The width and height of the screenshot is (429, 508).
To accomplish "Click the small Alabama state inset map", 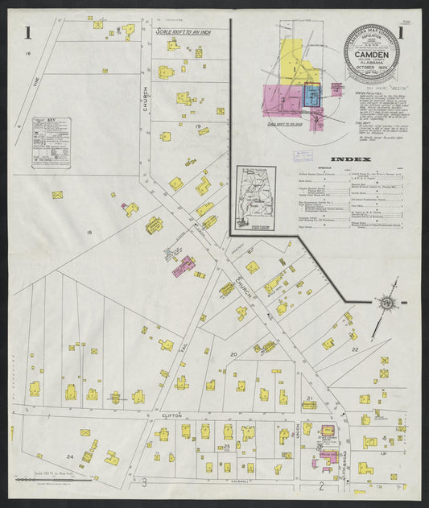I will coord(256,198).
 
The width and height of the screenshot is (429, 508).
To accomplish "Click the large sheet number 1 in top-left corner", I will coord(28,33).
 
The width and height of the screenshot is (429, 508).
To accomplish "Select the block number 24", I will coord(70,456).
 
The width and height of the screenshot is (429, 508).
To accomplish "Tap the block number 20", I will coord(233,354).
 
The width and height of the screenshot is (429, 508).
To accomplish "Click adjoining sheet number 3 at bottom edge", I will coord(144,483).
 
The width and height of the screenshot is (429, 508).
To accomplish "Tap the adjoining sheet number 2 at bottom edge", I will coord(320,485).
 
